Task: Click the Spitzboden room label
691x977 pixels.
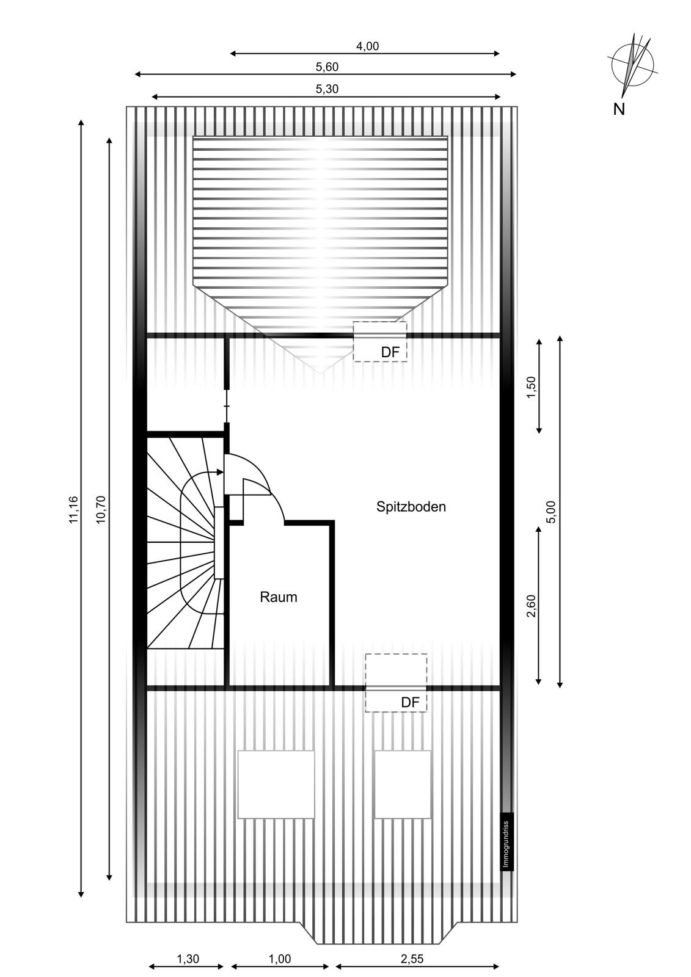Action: [x=411, y=507]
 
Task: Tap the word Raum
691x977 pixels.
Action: [x=279, y=597]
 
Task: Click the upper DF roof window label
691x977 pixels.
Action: [x=390, y=352]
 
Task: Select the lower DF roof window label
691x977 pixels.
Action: [x=410, y=702]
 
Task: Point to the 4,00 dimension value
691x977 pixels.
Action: [x=368, y=46]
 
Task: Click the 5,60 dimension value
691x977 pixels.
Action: [x=327, y=67]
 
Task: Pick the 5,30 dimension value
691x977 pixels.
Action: [x=327, y=89]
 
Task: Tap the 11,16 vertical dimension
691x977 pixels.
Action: [x=73, y=509]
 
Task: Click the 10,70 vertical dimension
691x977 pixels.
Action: [x=101, y=509]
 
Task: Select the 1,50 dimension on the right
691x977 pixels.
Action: [x=532, y=387]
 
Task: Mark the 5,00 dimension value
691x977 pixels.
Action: [x=552, y=512]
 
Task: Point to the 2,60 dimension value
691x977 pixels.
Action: [x=532, y=606]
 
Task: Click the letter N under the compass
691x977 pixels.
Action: [x=619, y=109]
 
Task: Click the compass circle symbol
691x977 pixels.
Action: [x=632, y=65]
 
